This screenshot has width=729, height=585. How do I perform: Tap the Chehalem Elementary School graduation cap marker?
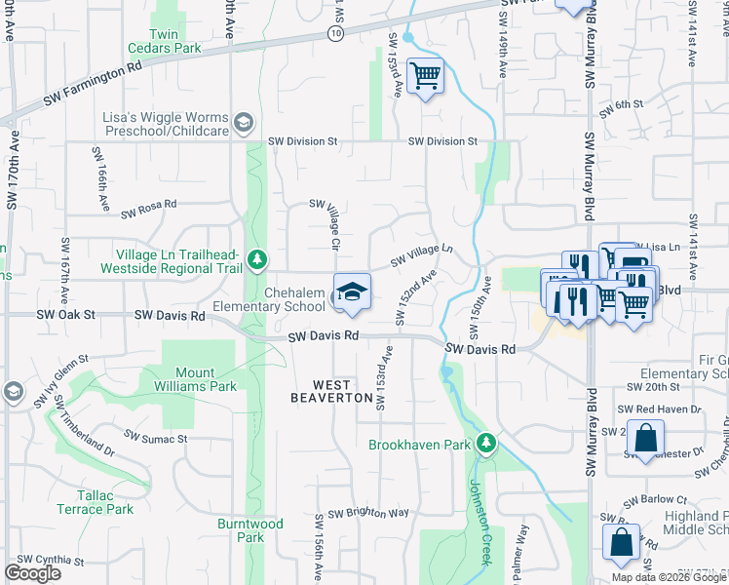(x=353, y=291)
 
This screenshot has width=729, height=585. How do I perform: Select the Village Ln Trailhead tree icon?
(x=256, y=259)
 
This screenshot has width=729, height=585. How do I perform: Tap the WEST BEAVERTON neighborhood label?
(x=331, y=391)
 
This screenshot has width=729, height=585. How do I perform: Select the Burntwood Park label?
(x=250, y=530)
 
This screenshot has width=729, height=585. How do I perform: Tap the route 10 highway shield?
(x=335, y=33)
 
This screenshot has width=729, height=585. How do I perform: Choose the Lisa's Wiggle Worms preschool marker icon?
(x=243, y=123)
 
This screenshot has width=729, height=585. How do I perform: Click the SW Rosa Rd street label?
(x=148, y=208)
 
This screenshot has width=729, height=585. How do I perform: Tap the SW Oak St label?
(x=66, y=315)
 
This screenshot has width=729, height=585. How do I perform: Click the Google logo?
(x=33, y=573)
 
